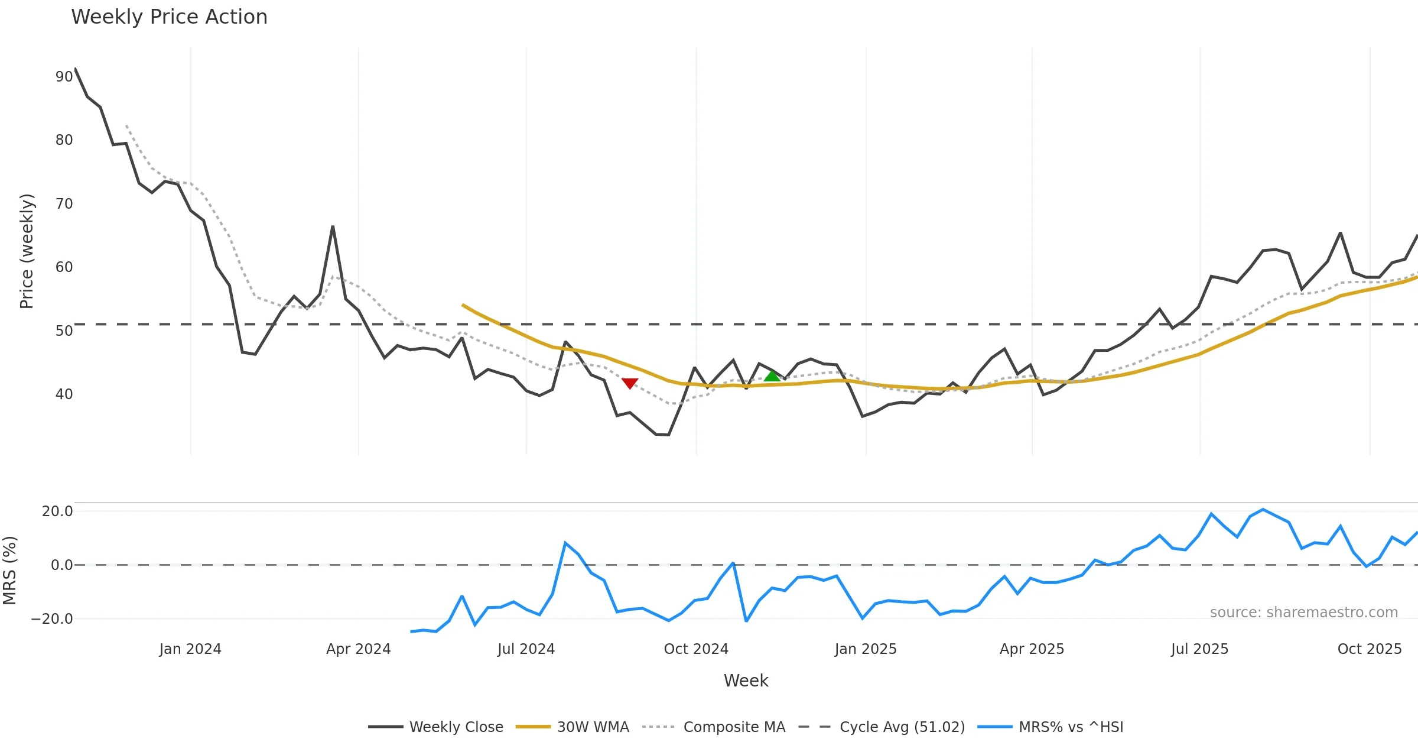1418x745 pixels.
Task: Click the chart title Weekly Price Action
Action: click(x=169, y=17)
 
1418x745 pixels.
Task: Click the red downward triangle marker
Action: click(x=630, y=383)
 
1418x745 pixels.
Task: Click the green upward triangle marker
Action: click(x=772, y=376)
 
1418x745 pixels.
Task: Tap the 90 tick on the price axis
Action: click(x=64, y=77)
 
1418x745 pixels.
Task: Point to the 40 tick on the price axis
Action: click(x=64, y=394)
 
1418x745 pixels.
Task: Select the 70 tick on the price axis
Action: click(x=64, y=204)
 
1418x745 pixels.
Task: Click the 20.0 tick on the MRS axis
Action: click(x=57, y=511)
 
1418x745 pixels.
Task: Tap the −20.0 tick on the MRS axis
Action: click(x=52, y=619)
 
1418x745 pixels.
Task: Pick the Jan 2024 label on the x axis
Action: click(x=190, y=649)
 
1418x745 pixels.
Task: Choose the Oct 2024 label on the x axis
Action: click(x=696, y=649)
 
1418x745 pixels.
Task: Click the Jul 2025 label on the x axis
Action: click(x=1199, y=649)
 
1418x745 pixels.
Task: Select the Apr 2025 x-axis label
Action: click(x=1032, y=649)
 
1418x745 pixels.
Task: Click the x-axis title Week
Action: click(x=746, y=681)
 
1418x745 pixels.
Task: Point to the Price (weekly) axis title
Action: click(x=27, y=251)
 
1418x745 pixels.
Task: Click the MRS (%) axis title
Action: click(x=9, y=571)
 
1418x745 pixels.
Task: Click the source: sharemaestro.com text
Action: click(x=1303, y=613)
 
